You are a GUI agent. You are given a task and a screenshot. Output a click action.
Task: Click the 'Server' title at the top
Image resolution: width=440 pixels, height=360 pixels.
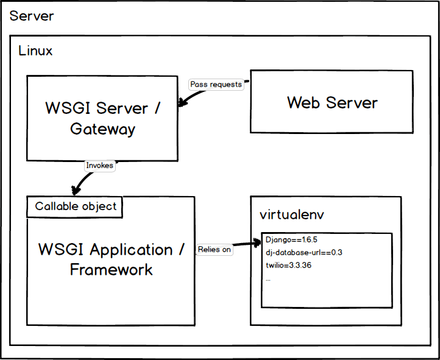pyautogui.click(x=32, y=16)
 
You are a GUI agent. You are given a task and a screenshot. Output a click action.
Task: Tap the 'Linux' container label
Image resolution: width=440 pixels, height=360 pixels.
pyautogui.click(x=35, y=51)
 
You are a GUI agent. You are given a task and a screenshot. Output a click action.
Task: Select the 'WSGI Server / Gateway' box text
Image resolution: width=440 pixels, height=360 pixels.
pyautogui.click(x=102, y=118)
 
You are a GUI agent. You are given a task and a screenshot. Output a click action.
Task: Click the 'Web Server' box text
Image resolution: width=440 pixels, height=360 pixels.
pyautogui.click(x=332, y=102)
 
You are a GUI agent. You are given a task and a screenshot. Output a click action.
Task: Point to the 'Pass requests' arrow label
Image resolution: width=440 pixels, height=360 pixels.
pyautogui.click(x=216, y=85)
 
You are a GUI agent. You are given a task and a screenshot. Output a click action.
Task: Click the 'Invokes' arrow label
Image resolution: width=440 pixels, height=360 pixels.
pyautogui.click(x=99, y=165)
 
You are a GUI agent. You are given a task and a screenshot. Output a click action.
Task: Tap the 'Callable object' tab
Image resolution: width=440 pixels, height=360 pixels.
pyautogui.click(x=75, y=206)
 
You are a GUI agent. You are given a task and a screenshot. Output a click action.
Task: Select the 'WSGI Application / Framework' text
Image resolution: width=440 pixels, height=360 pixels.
pyautogui.click(x=111, y=259)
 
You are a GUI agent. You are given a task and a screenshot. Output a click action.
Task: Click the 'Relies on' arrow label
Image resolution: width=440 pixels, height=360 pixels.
pyautogui.click(x=214, y=249)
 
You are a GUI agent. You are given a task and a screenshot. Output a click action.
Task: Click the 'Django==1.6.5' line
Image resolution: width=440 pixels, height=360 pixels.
pyautogui.click(x=291, y=240)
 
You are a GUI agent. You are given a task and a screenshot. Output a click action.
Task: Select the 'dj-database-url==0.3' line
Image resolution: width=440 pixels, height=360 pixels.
pyautogui.click(x=303, y=253)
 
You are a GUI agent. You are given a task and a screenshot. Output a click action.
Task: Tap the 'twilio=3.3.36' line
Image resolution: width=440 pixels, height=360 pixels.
pyautogui.click(x=289, y=266)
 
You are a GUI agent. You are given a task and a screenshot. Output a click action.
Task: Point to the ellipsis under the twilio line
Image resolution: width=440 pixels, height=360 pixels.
pyautogui.click(x=268, y=278)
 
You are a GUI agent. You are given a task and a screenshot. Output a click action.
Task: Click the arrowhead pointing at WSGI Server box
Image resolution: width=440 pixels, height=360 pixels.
pyautogui.click(x=181, y=104)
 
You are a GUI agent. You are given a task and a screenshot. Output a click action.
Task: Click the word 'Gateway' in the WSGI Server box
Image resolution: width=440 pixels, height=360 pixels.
pyautogui.click(x=102, y=129)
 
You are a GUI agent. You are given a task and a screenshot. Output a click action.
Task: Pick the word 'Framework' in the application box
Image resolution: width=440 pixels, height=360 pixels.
pyautogui.click(x=111, y=269)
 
